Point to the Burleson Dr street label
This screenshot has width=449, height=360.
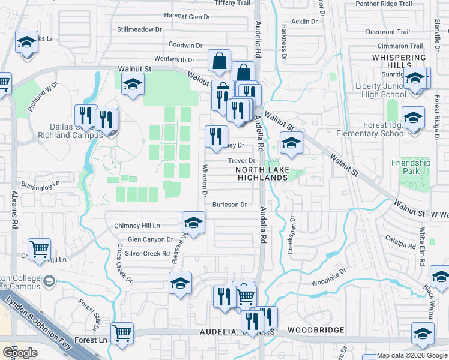click(229, 205)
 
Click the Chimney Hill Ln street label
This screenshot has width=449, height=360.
click(137, 226)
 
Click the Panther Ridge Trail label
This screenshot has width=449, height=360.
click(384, 4)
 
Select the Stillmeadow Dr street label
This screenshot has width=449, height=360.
click(140, 29)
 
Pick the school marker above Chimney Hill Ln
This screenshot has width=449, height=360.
click(193, 222)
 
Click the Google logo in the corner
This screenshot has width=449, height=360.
click(20, 353)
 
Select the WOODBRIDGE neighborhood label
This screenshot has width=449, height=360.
click(316, 330)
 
